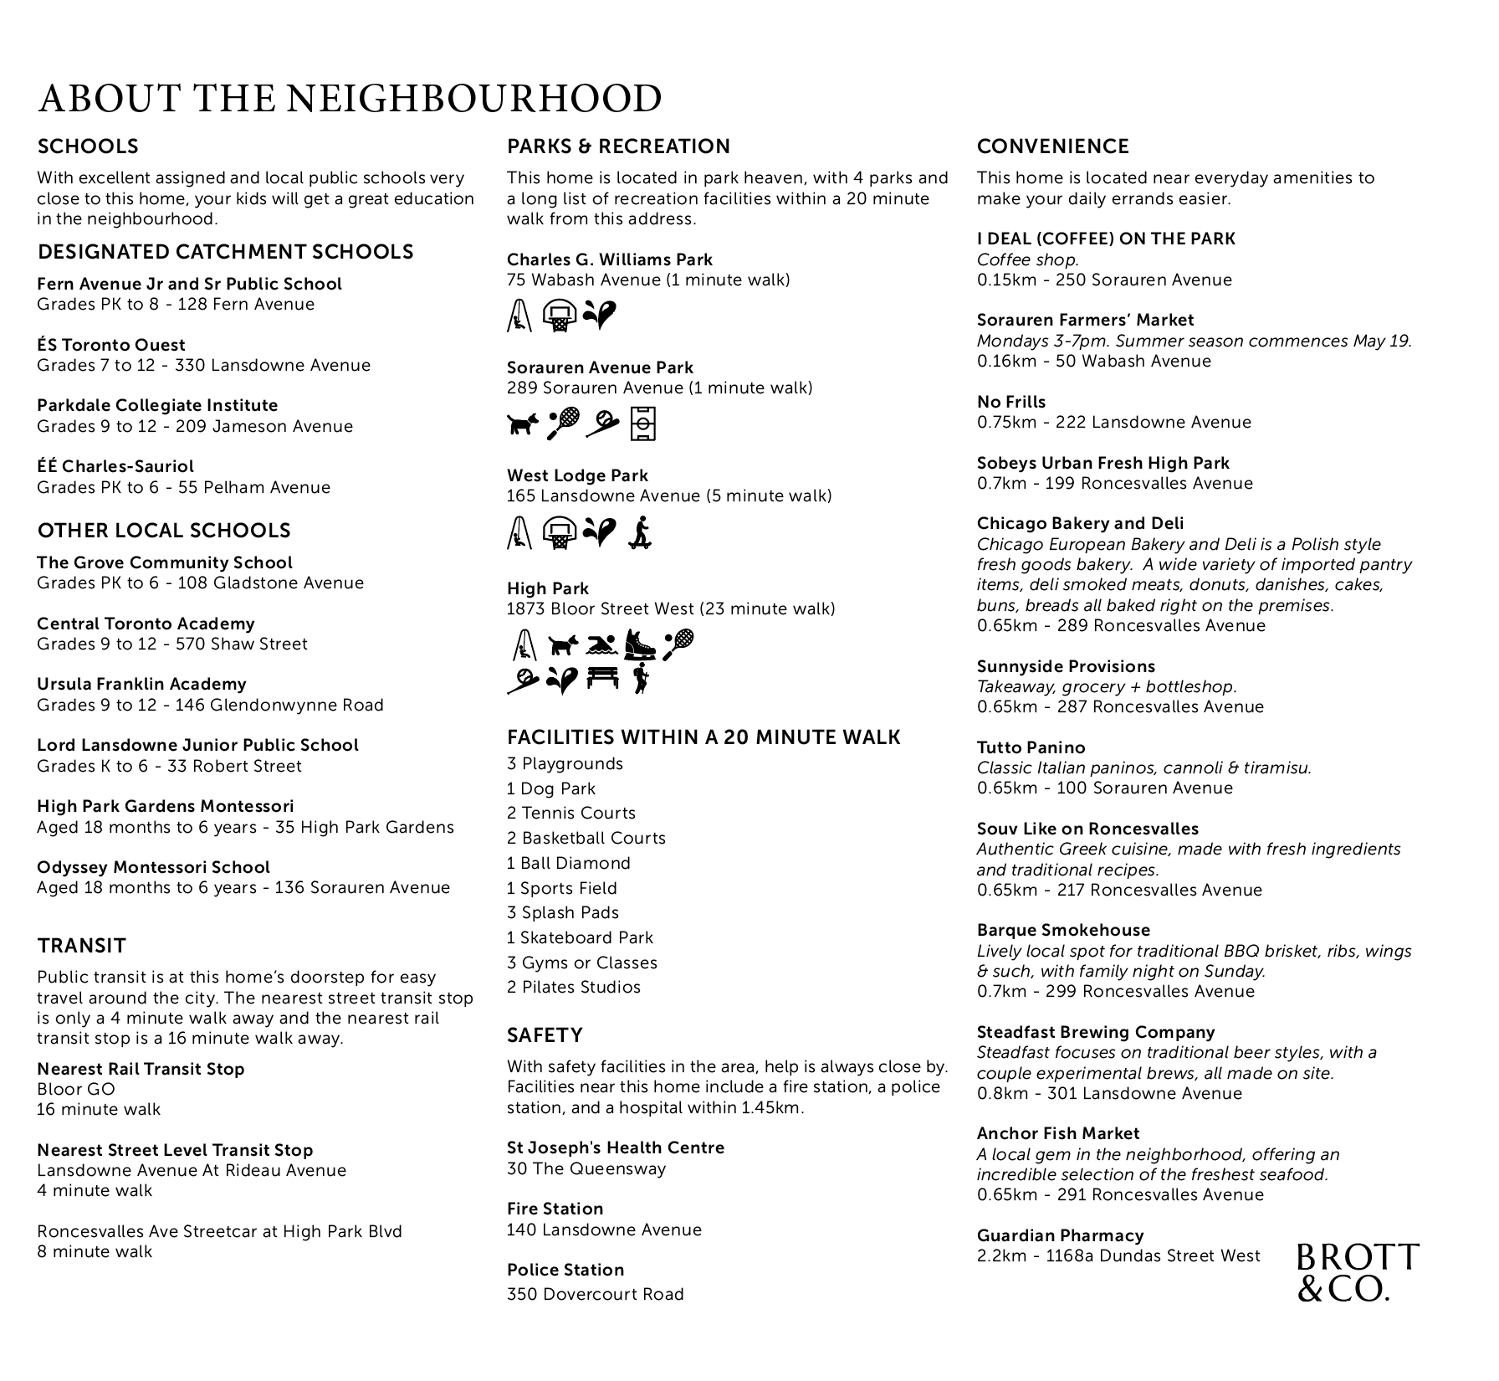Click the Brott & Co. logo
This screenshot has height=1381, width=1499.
pos(1357,1272)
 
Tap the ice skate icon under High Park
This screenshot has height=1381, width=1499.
pos(640,644)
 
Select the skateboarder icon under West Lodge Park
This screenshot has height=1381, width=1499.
pos(640,532)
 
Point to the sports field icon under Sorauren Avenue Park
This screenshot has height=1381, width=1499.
pos(643,424)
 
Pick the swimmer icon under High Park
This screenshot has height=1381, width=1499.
pos(602,644)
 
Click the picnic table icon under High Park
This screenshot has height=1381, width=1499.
pos(602,678)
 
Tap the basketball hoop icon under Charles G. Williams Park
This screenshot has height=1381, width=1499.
pos(559,316)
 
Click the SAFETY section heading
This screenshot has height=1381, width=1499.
pos(545,1035)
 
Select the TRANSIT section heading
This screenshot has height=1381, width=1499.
pos(82,946)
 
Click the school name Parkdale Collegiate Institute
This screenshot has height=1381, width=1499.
pos(157,405)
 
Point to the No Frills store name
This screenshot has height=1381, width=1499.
pos(1011,402)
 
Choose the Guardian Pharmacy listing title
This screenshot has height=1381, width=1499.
pos(1060,1235)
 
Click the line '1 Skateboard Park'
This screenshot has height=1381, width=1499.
pos(580,937)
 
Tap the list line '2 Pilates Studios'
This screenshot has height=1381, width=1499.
pos(574,987)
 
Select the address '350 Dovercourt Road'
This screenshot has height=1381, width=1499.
pos(596,1294)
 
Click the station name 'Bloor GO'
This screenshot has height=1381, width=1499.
pos(76,1089)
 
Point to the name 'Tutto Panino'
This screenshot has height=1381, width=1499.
pos(1031,747)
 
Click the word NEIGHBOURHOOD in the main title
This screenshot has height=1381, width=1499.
pos(474,99)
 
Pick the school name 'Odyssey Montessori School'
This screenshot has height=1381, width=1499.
pos(153,867)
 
